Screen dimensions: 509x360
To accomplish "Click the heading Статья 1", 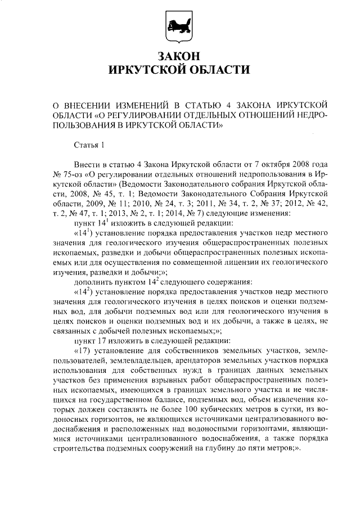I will [90, 146].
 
